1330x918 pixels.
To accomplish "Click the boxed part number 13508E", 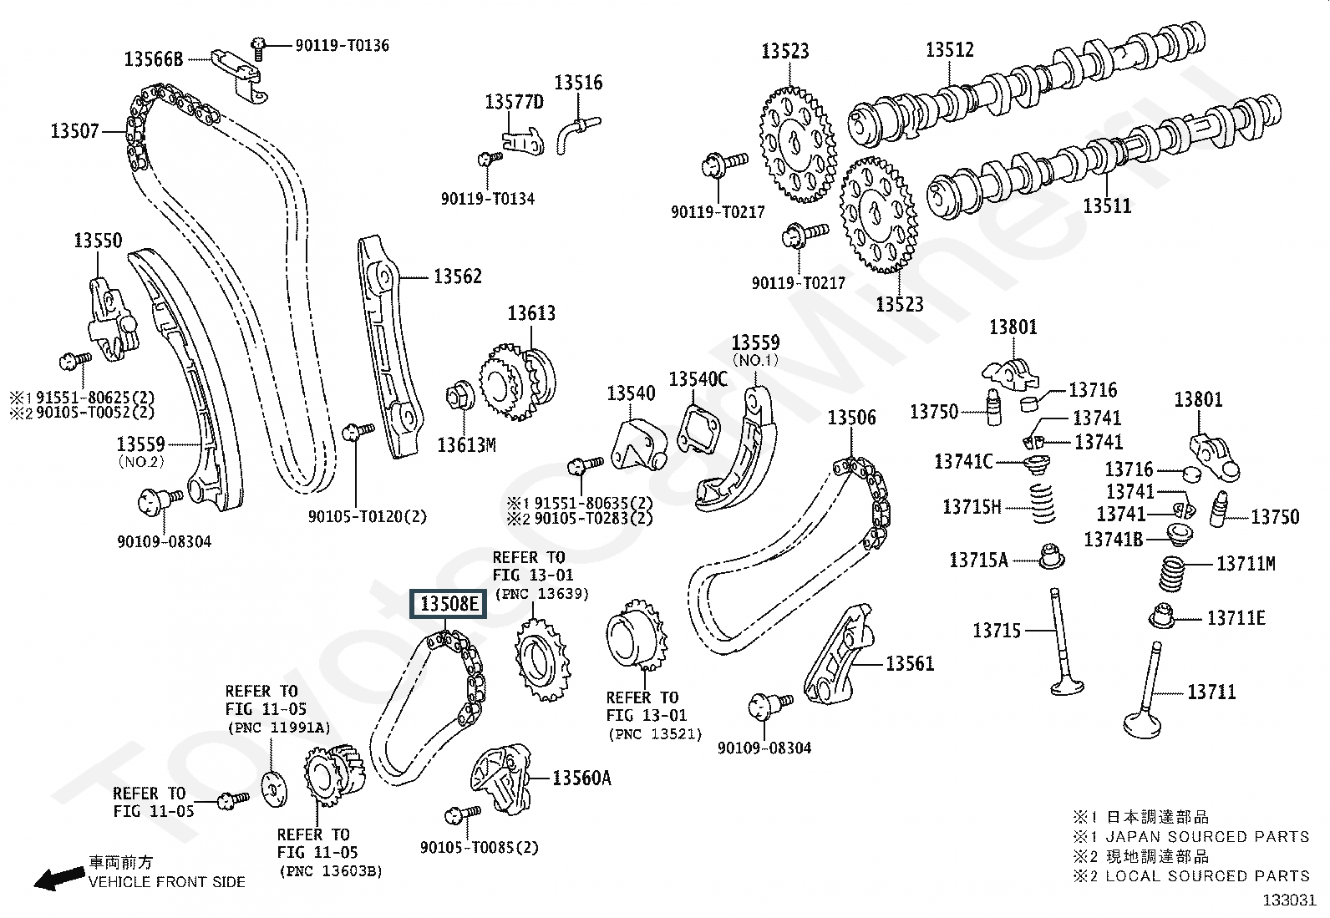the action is pyautogui.click(x=449, y=604).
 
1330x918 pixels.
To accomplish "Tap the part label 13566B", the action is pyautogui.click(x=153, y=59).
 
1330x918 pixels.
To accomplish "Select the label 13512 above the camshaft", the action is pyautogui.click(x=950, y=50).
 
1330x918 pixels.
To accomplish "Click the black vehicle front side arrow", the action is pyautogui.click(x=58, y=878).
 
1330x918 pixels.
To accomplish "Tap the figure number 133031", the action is pyautogui.click(x=1289, y=900).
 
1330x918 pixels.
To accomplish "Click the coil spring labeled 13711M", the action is pyautogui.click(x=1173, y=573).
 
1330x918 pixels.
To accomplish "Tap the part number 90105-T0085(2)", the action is pyautogui.click(x=480, y=847).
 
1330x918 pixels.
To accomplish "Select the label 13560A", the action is pyautogui.click(x=581, y=778).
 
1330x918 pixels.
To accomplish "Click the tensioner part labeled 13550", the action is pyautogui.click(x=113, y=321).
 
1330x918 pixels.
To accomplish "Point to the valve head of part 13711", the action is pyautogui.click(x=1142, y=726).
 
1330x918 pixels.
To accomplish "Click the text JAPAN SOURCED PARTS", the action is pyautogui.click(x=1208, y=837).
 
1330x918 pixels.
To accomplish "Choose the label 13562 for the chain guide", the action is pyautogui.click(x=457, y=276).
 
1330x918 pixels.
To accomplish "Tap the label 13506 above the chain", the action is pyautogui.click(x=851, y=418).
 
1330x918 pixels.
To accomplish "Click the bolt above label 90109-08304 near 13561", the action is pyautogui.click(x=770, y=706).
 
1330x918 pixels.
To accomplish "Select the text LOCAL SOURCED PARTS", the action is pyautogui.click(x=1208, y=876).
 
